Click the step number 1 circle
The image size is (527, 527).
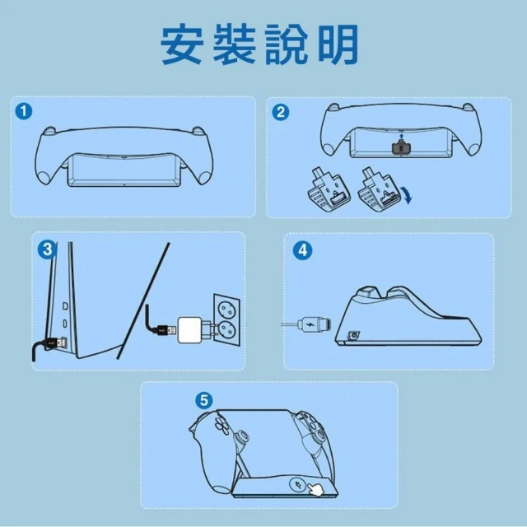(24, 111)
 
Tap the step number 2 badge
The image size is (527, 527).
(280, 112)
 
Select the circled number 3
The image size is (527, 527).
(47, 250)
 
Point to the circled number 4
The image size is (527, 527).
(302, 250)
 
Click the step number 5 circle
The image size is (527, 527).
(204, 401)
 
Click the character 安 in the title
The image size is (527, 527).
(182, 44)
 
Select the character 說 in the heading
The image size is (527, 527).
(287, 44)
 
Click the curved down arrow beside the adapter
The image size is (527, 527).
(408, 195)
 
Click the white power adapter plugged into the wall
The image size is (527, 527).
(190, 330)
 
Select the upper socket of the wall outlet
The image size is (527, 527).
(227, 309)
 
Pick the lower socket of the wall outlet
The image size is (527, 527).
(227, 331)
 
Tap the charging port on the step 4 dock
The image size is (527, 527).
(353, 335)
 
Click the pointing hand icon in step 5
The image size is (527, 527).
(315, 488)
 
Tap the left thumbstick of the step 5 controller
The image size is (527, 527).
(241, 437)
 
